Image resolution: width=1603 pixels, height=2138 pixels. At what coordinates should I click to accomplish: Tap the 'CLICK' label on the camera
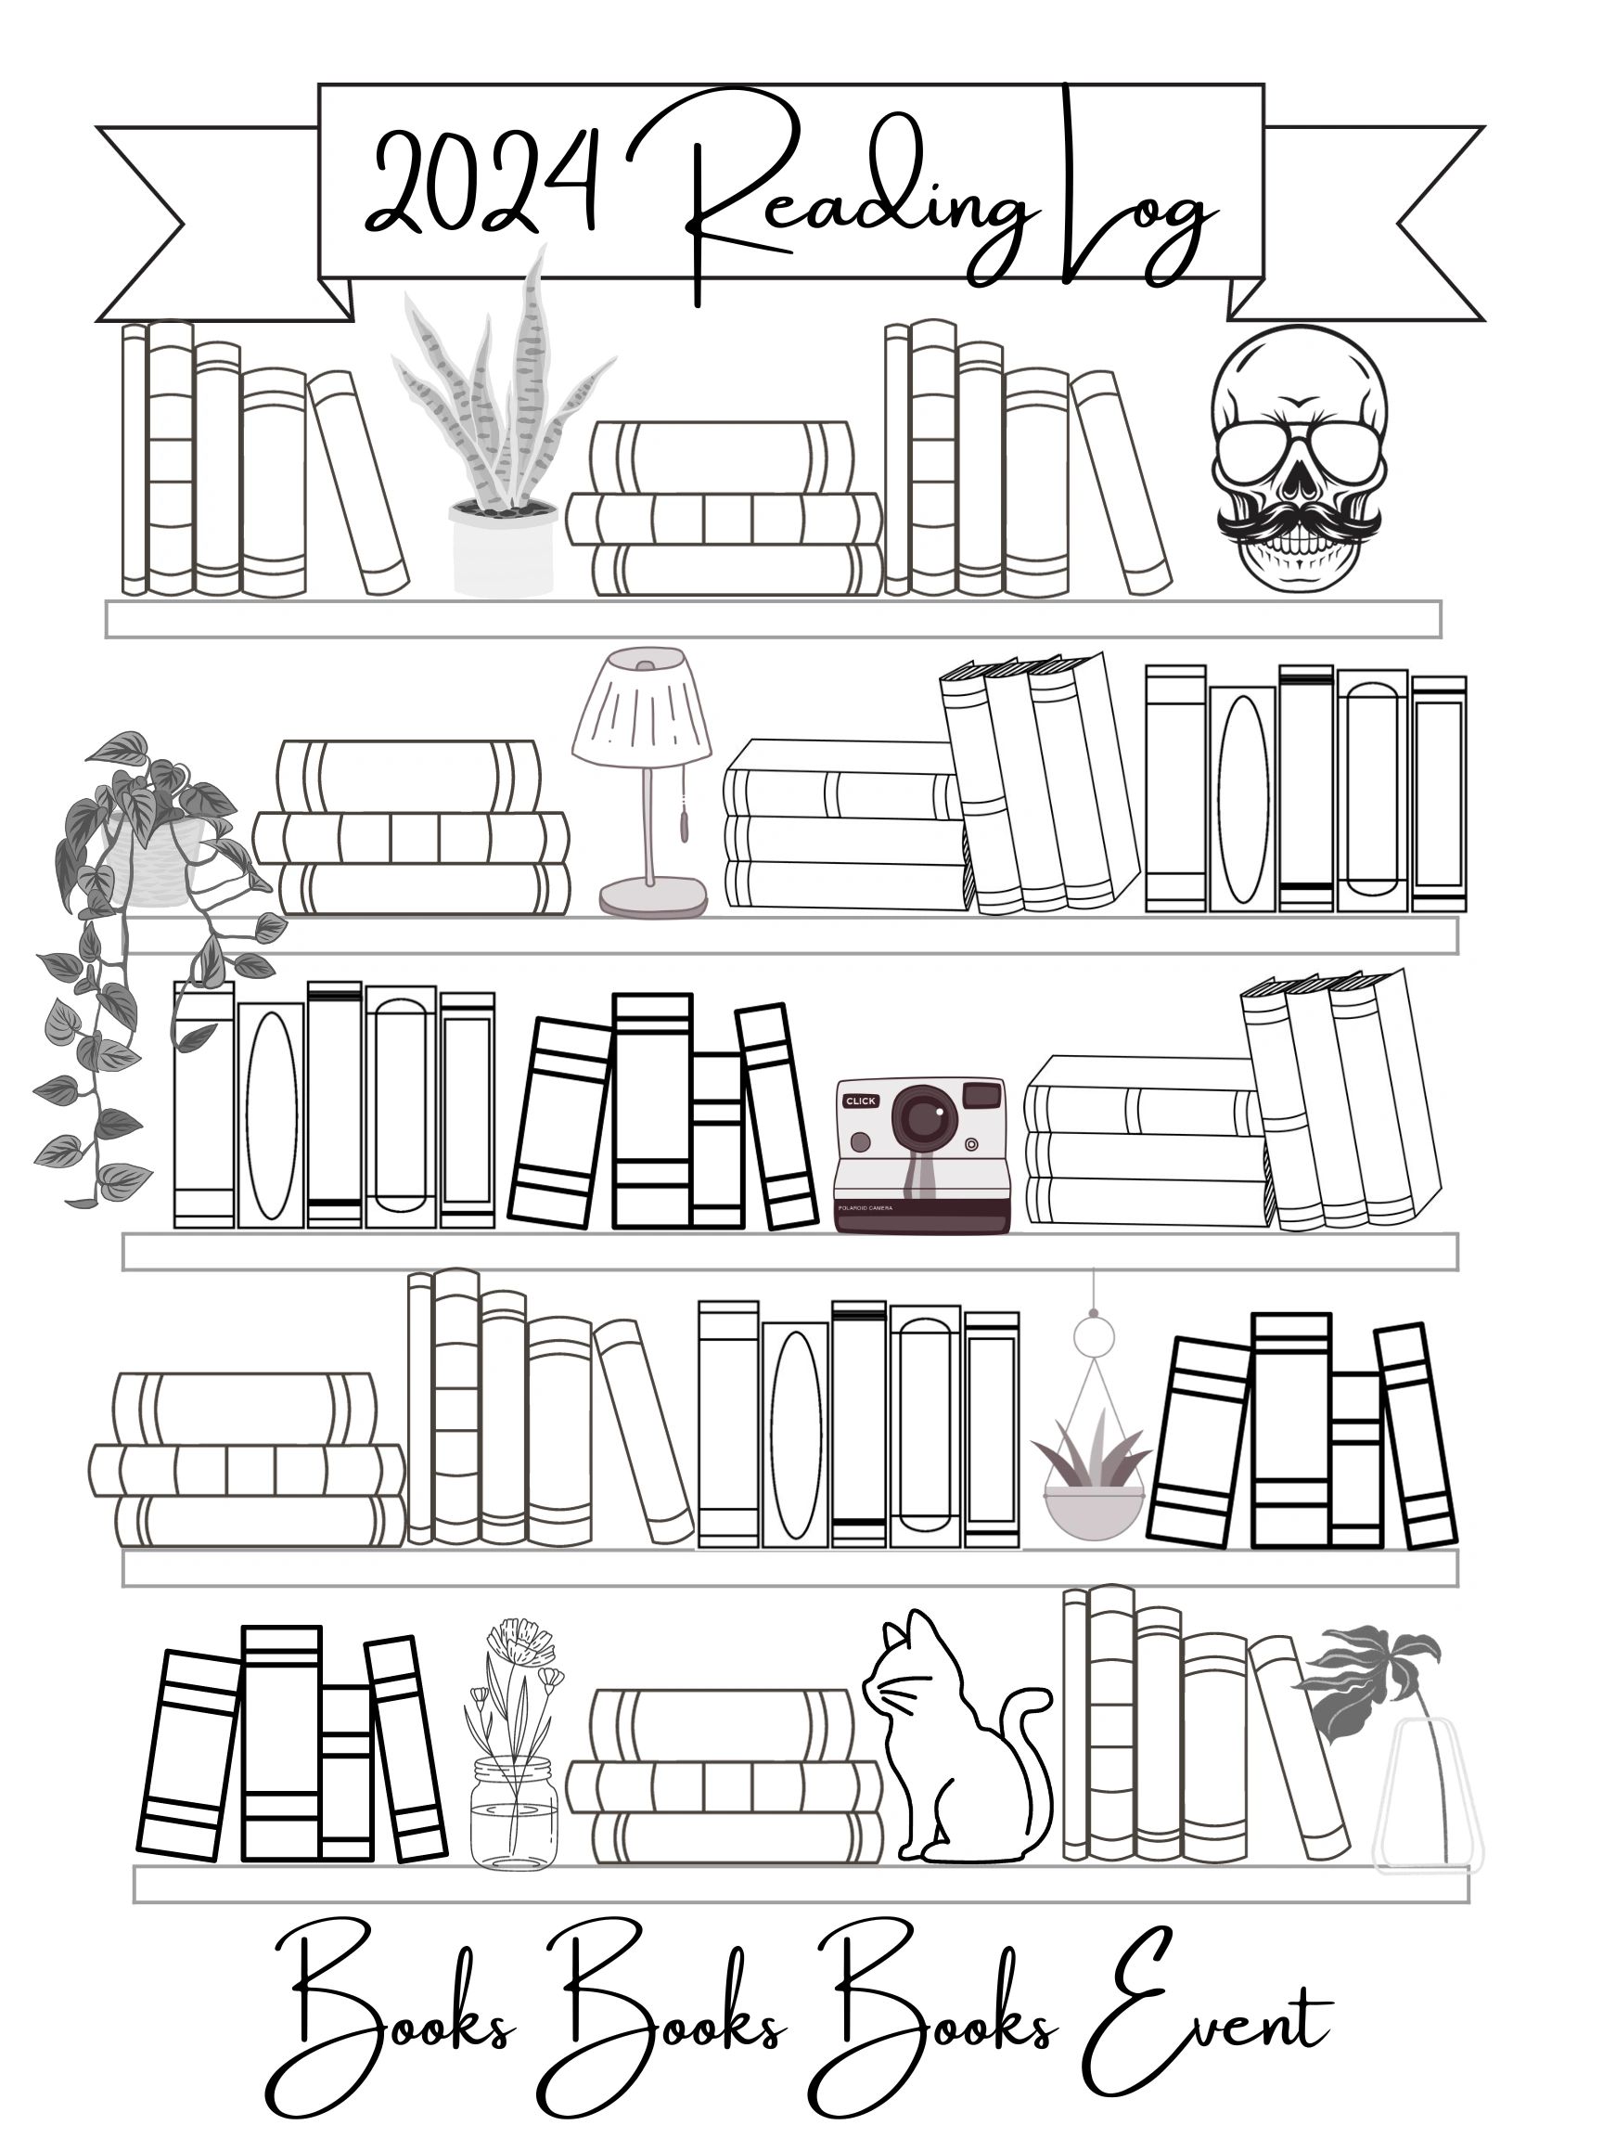tap(860, 1101)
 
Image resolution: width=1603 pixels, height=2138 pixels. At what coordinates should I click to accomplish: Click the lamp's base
tap(653, 898)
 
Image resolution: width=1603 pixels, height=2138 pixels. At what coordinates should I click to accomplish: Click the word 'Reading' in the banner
tap(851, 203)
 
